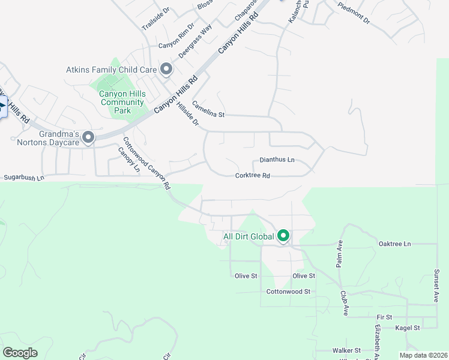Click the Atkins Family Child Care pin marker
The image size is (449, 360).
click(x=166, y=70)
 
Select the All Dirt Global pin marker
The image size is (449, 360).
click(x=283, y=237)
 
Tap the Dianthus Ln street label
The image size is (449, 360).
click(x=277, y=160)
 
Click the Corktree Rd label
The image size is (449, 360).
click(x=253, y=176)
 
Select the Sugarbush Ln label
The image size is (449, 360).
click(x=24, y=178)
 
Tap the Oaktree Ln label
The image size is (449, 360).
click(x=395, y=244)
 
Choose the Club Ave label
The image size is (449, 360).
click(x=345, y=304)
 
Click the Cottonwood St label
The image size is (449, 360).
click(x=288, y=292)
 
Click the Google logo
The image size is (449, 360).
click(x=20, y=353)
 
